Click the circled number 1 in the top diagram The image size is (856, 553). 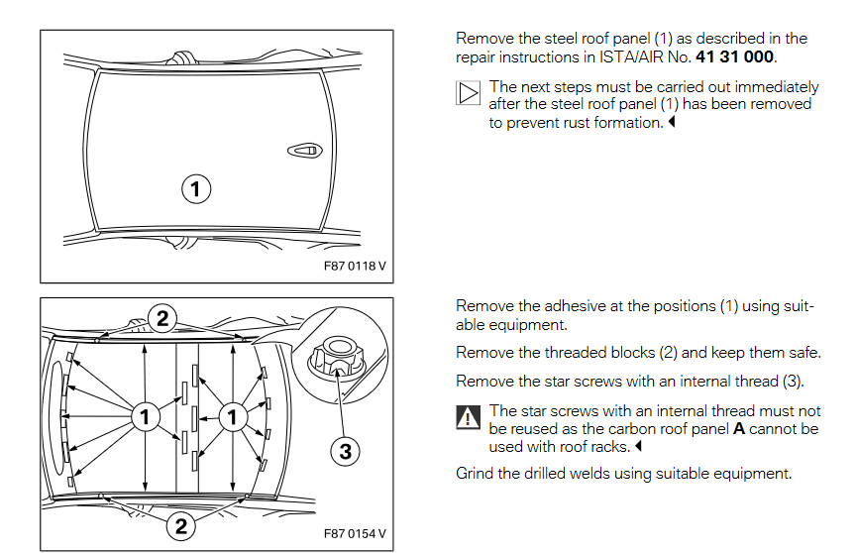tap(196, 189)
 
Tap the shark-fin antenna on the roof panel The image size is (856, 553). tap(303, 151)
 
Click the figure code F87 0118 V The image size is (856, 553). tap(355, 267)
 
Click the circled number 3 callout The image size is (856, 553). tap(345, 451)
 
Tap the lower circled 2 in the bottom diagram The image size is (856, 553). tap(180, 526)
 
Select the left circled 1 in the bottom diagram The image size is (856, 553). tap(145, 417)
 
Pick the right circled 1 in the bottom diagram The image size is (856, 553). tap(232, 417)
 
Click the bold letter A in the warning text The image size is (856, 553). tap(738, 429)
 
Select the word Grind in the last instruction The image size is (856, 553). tap(475, 473)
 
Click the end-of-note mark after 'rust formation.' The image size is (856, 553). tap(671, 123)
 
